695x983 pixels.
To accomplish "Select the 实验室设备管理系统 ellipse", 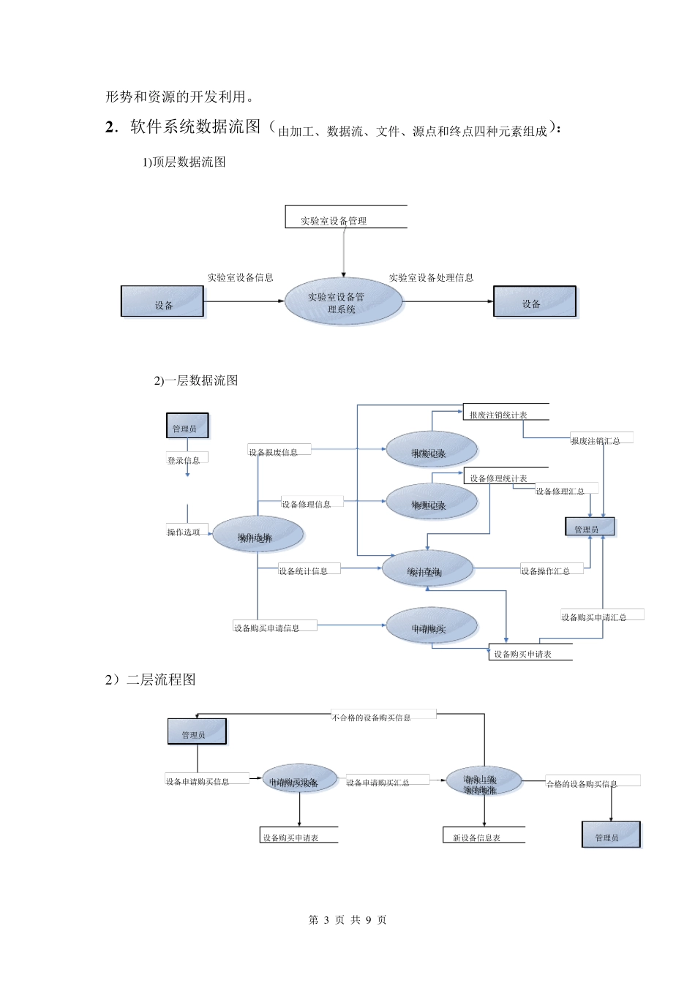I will tap(343, 302).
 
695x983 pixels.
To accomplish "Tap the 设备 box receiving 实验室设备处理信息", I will tap(534, 302).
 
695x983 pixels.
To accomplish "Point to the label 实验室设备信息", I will tap(240, 278).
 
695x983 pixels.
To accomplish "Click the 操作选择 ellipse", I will tap(258, 535).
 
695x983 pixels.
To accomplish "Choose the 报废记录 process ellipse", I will tap(431, 450).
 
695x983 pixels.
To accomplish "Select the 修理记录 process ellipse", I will tap(431, 502).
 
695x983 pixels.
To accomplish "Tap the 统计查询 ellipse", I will tap(427, 569).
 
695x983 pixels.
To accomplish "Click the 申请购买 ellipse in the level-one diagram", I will tap(431, 627).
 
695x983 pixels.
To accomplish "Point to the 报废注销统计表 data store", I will tap(505, 413).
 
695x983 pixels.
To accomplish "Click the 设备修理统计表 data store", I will tap(505, 477).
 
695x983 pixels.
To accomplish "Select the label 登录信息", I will tap(184, 460).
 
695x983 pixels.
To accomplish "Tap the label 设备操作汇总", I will tap(546, 570).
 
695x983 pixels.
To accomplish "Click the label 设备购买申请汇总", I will tap(594, 617).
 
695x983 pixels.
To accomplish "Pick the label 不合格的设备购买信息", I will tap(372, 718).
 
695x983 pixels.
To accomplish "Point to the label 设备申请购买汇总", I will tap(378, 783).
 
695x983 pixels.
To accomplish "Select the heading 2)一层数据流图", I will tap(195, 380).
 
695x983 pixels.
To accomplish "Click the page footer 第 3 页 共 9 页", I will tap(347, 919).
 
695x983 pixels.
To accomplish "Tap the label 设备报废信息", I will tap(274, 452).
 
